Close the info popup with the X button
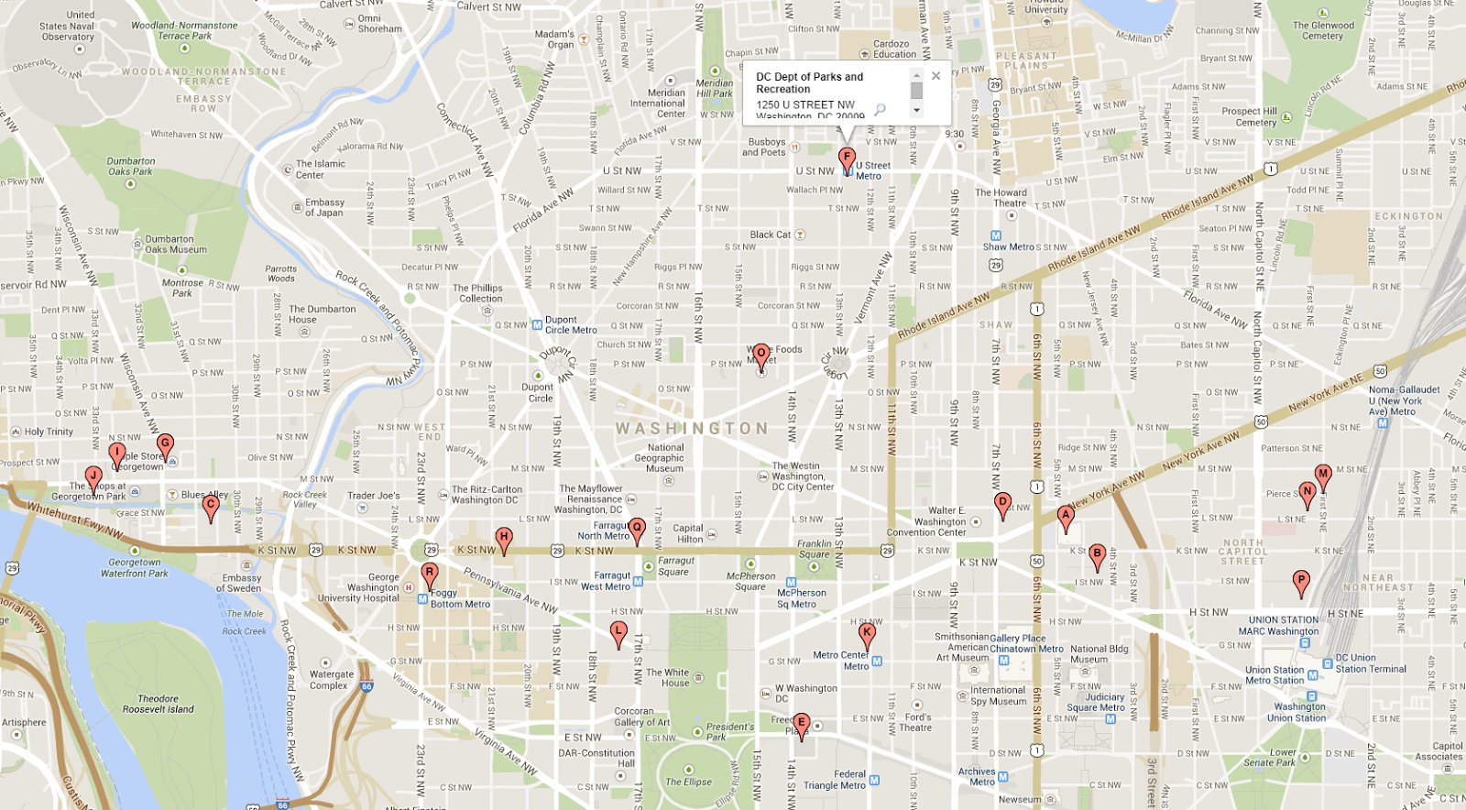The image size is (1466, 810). coord(935,76)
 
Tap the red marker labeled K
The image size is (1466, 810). coord(867,632)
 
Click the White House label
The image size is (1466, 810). coord(667,678)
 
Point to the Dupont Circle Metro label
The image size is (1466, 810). coord(570,325)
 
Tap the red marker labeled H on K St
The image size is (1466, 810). coord(503,538)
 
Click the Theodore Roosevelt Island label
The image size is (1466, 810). coord(159,704)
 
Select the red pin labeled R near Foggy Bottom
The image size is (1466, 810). coord(430,574)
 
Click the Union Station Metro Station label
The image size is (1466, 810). coord(1275,675)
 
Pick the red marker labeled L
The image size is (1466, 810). coord(618,631)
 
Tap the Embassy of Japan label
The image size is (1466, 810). coord(324,207)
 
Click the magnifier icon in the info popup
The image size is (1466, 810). coord(880,110)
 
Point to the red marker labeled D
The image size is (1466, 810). coord(1002,502)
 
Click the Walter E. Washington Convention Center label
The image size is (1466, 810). coord(939,521)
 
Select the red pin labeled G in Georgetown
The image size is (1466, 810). coord(165,444)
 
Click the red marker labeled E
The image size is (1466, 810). coord(801,723)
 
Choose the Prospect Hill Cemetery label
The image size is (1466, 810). coord(1251,116)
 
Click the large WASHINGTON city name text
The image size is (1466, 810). coord(692,429)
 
